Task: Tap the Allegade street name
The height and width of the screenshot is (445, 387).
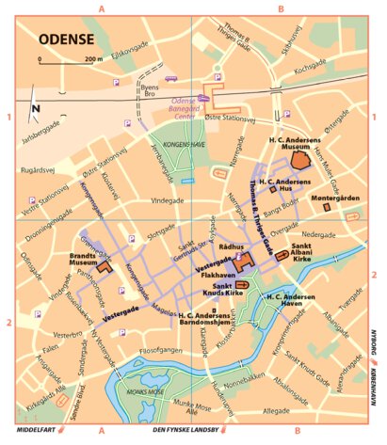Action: pyautogui.click(x=277, y=410)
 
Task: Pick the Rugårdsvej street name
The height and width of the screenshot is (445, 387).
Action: pyautogui.click(x=38, y=172)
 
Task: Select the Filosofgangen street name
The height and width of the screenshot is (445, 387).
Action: pyautogui.click(x=156, y=350)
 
